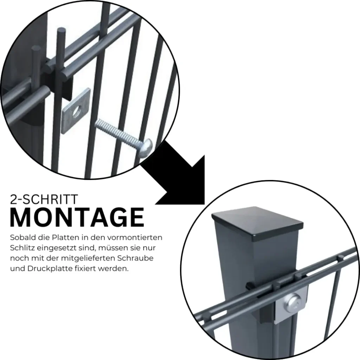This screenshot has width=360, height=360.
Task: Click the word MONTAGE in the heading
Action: click(77, 217)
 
